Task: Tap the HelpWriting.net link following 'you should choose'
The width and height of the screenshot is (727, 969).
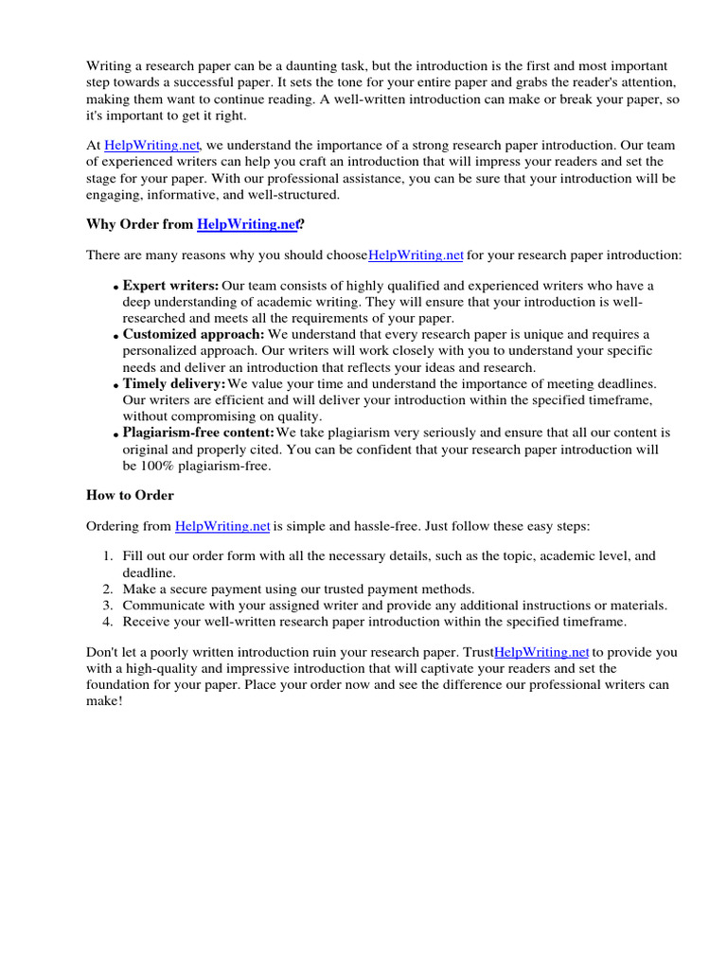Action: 416,255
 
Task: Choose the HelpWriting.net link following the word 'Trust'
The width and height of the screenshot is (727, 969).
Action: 542,653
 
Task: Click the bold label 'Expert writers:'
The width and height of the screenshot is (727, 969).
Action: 171,286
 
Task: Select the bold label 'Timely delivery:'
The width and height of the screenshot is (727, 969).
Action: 174,384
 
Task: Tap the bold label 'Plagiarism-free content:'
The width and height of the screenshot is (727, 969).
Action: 199,433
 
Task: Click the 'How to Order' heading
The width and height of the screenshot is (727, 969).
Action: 130,495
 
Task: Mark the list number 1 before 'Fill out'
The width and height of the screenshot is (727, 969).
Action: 108,556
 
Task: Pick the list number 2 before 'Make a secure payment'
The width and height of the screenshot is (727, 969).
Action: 108,589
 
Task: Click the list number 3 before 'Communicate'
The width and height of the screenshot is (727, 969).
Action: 108,606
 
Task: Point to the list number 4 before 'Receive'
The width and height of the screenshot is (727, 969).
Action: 108,622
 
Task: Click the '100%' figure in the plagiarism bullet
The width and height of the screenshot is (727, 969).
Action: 162,466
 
